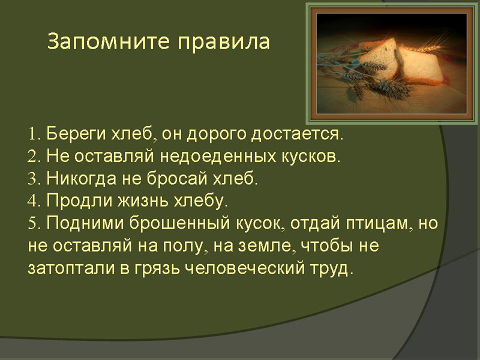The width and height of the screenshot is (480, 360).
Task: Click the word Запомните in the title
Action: [108, 41]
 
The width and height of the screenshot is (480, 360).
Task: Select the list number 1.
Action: [32, 134]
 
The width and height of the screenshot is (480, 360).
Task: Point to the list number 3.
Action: [34, 178]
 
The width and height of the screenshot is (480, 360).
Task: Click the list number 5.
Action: [34, 223]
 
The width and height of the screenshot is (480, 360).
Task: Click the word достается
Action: [296, 134]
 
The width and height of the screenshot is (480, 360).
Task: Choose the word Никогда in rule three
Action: [82, 179]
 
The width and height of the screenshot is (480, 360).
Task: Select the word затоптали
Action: [71, 268]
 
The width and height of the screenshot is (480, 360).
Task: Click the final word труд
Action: [332, 269]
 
